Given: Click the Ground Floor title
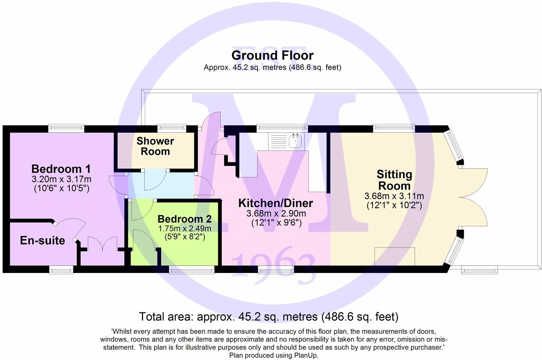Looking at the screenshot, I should (x=272, y=55).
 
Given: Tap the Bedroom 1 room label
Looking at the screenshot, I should (x=61, y=169).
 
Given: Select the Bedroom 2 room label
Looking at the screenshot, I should (x=184, y=219).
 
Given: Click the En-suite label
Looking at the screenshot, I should (x=43, y=240).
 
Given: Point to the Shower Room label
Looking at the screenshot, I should (x=155, y=146).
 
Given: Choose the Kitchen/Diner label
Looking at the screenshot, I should (x=275, y=203).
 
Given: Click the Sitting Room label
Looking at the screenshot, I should (x=394, y=180).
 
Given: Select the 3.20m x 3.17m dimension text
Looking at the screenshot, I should (x=62, y=179).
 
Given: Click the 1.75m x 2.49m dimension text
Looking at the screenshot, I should (x=185, y=228).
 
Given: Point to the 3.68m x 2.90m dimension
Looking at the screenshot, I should (x=276, y=214).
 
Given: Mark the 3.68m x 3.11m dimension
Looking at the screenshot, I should (x=394, y=196).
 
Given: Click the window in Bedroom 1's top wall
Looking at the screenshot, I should (x=66, y=128).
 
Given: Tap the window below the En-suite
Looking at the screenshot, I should (x=61, y=269).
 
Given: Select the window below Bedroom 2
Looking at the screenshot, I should (x=192, y=269).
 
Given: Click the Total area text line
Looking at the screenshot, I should (x=269, y=316).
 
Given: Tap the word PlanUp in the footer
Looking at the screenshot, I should (x=305, y=355).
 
